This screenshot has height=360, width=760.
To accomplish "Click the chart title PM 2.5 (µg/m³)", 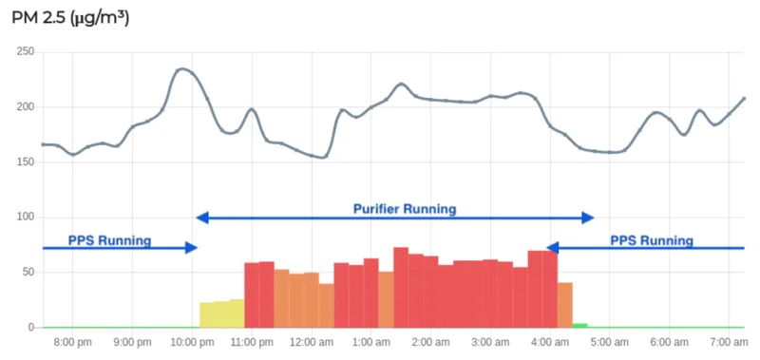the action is pyautogui.click(x=70, y=19).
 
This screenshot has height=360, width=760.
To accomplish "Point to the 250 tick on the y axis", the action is pyautogui.click(x=25, y=52).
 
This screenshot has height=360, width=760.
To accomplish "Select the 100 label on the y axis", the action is pyautogui.click(x=26, y=218).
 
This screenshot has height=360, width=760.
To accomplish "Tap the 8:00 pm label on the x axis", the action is pyautogui.click(x=73, y=343).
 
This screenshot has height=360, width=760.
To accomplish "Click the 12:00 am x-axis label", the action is pyautogui.click(x=312, y=343).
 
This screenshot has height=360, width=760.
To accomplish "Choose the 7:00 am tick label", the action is pyautogui.click(x=730, y=343).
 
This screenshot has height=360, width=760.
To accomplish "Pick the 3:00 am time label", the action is pyautogui.click(x=490, y=343).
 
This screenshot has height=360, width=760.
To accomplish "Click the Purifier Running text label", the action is pyautogui.click(x=405, y=209).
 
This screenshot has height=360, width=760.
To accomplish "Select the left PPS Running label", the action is pyautogui.click(x=109, y=240).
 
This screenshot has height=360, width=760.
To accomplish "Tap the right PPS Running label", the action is pyautogui.click(x=652, y=240).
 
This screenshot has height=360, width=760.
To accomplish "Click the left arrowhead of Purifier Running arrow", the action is pyautogui.click(x=202, y=218).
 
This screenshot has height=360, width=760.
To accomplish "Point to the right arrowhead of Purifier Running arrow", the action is pyautogui.click(x=588, y=218).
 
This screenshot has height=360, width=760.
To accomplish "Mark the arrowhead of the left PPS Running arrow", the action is pyautogui.click(x=192, y=248).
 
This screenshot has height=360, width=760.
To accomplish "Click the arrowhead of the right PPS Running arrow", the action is pyautogui.click(x=553, y=248).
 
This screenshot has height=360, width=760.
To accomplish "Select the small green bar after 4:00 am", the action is pyautogui.click(x=579, y=326).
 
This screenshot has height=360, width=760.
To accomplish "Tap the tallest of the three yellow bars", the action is pyautogui.click(x=237, y=313).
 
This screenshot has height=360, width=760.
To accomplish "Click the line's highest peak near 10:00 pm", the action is pyautogui.click(x=182, y=68).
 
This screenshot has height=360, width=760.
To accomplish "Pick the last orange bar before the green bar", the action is pyautogui.click(x=565, y=305).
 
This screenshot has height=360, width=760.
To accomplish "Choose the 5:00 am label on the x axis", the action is pyautogui.click(x=610, y=343).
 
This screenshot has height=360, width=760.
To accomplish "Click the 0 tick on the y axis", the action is pyautogui.click(x=31, y=328).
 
